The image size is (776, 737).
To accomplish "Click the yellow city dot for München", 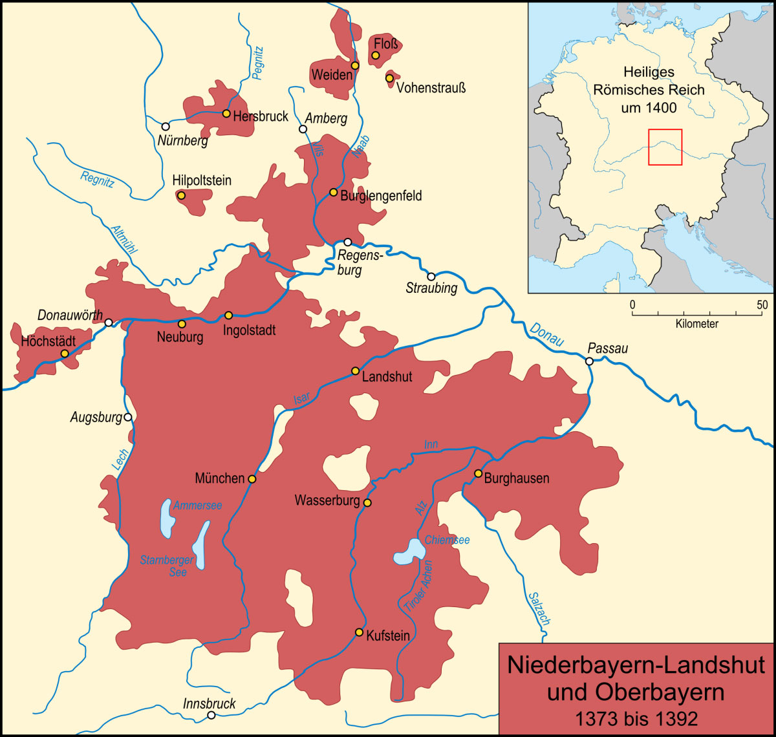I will pyautogui.click(x=252, y=479).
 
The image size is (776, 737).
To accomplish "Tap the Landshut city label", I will pyautogui.click(x=387, y=377).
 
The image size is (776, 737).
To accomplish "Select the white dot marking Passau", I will pyautogui.click(x=589, y=361).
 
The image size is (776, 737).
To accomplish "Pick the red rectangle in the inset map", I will pyautogui.click(x=665, y=147).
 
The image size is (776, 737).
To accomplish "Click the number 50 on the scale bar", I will pyautogui.click(x=762, y=304).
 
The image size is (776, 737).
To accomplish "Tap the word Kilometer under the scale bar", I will pyautogui.click(x=696, y=324).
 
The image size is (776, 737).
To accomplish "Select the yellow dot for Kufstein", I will pyautogui.click(x=359, y=632).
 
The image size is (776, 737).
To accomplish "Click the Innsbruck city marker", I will pyautogui.click(x=211, y=715).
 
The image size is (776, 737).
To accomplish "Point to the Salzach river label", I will pyautogui.click(x=539, y=608).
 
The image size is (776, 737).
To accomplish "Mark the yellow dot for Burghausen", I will pyautogui.click(x=478, y=473).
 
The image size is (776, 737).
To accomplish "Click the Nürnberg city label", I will pyautogui.click(x=183, y=140).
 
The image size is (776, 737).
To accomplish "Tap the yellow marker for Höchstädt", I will pyautogui.click(x=65, y=354).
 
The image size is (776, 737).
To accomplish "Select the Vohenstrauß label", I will pyautogui.click(x=431, y=87).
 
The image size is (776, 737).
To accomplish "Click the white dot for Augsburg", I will pyautogui.click(x=128, y=417).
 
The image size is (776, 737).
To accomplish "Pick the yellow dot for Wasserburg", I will pyautogui.click(x=367, y=502).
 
